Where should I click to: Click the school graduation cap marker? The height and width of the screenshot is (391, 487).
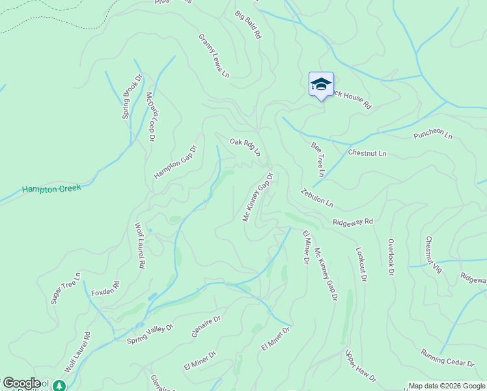point(321,84)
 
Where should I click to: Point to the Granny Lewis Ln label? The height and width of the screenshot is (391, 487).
point(214,56)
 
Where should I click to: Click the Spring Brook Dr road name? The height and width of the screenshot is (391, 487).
point(128,100)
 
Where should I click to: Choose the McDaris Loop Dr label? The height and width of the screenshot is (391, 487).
point(151,116)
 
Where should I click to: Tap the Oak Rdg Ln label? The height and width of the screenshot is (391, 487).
point(245,147)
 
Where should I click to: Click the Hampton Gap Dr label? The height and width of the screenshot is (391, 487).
point(174,162)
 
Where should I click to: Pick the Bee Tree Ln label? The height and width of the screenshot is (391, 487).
point(318,160)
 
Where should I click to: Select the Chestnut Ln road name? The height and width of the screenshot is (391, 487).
point(367,154)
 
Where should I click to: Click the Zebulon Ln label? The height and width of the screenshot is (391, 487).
point(317,197)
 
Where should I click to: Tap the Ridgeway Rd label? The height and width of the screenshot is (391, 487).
point(352,222)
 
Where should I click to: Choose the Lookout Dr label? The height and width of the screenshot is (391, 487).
point(361,264)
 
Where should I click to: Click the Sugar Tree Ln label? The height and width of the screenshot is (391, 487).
point(66,288)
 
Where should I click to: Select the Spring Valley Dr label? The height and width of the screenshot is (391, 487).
point(150,334)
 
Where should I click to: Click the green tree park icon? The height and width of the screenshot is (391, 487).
point(59,386)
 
